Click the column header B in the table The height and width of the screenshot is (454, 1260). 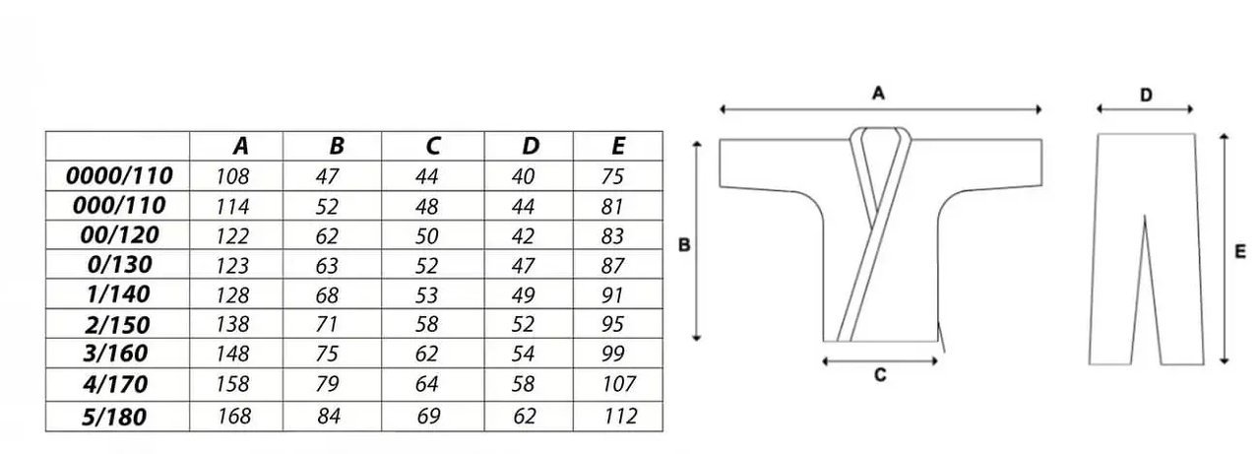point(337,147)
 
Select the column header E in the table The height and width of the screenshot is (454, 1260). point(617,147)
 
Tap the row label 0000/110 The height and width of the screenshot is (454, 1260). point(119,176)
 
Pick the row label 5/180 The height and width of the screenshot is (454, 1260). point(114,417)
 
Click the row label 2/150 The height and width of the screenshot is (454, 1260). point(117,325)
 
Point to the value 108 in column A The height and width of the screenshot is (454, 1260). point(232,176)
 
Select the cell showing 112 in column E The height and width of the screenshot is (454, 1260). point(620,417)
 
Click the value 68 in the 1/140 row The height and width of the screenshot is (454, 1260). point(327,295)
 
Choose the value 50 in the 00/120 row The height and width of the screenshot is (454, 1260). point(426,236)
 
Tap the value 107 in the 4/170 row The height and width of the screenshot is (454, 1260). point(619,384)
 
